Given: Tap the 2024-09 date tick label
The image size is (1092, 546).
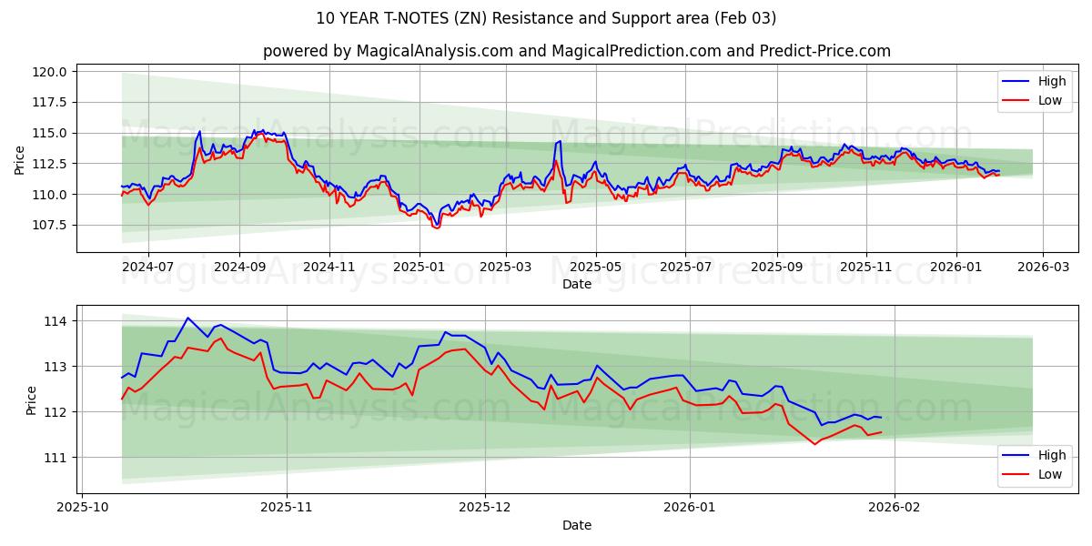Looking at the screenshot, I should pyautogui.click(x=239, y=268).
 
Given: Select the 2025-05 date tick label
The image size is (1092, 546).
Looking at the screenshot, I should pyautogui.click(x=596, y=268).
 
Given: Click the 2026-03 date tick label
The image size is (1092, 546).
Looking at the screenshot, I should pyautogui.click(x=1042, y=268).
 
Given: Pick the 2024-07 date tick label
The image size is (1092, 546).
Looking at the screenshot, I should pyautogui.click(x=147, y=268).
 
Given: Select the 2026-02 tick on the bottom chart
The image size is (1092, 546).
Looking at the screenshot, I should pyautogui.click(x=895, y=509).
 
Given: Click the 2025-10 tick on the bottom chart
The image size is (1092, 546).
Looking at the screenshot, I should pyautogui.click(x=83, y=509).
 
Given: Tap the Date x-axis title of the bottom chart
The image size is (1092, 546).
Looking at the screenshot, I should pyautogui.click(x=576, y=525).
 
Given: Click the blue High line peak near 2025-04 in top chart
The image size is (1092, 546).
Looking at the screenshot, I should pyautogui.click(x=559, y=141).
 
